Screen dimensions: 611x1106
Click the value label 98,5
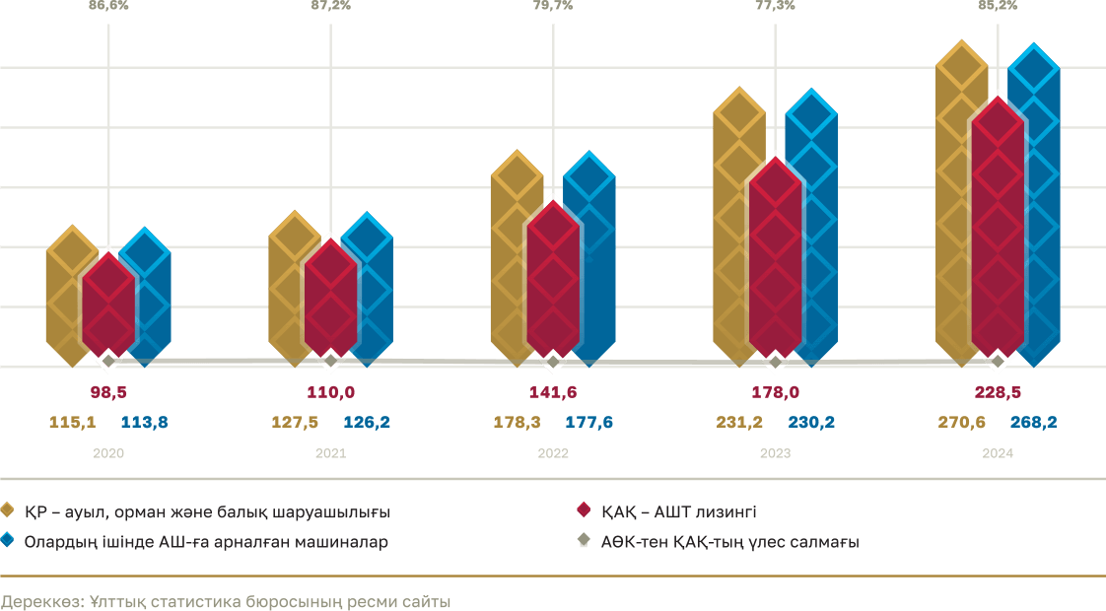(108, 392)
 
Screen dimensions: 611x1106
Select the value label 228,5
(998, 392)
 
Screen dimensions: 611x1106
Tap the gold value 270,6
(961, 423)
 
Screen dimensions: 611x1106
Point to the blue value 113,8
(145, 423)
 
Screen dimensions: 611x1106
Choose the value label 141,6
(553, 392)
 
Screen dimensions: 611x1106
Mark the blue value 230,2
(812, 423)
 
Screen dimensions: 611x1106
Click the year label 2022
(553, 454)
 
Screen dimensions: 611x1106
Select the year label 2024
(998, 454)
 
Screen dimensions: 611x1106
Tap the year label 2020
(108, 454)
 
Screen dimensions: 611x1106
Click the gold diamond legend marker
(7, 511)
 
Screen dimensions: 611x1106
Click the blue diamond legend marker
(7, 541)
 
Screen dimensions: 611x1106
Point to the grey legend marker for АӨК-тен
(583, 541)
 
